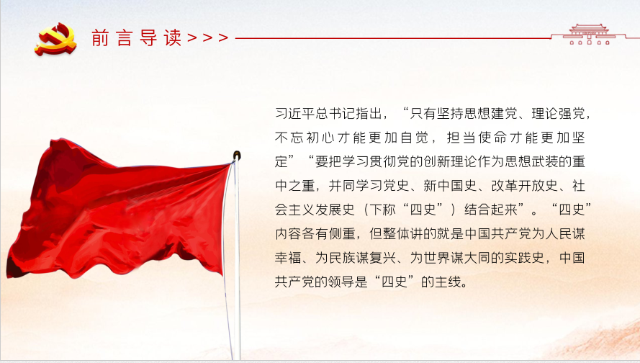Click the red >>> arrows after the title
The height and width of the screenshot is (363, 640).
pos(208,38)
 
